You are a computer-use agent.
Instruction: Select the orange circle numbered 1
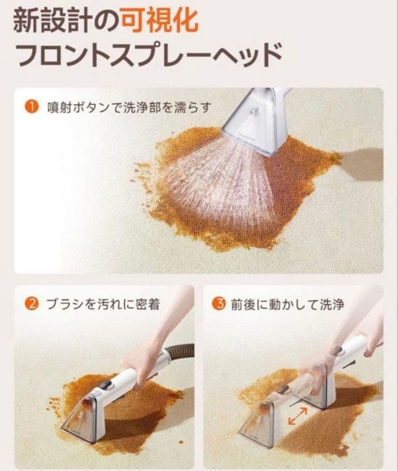pyautogui.click(x=31, y=107)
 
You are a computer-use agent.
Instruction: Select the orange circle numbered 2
pyautogui.click(x=31, y=304)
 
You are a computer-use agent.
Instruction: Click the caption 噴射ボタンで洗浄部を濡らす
pyautogui.click(x=129, y=108)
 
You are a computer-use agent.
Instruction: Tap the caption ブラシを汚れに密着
pyautogui.click(x=103, y=304)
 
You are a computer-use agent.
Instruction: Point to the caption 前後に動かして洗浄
pyautogui.click(x=287, y=304)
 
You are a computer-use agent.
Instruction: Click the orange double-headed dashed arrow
pyautogui.click(x=297, y=416)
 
